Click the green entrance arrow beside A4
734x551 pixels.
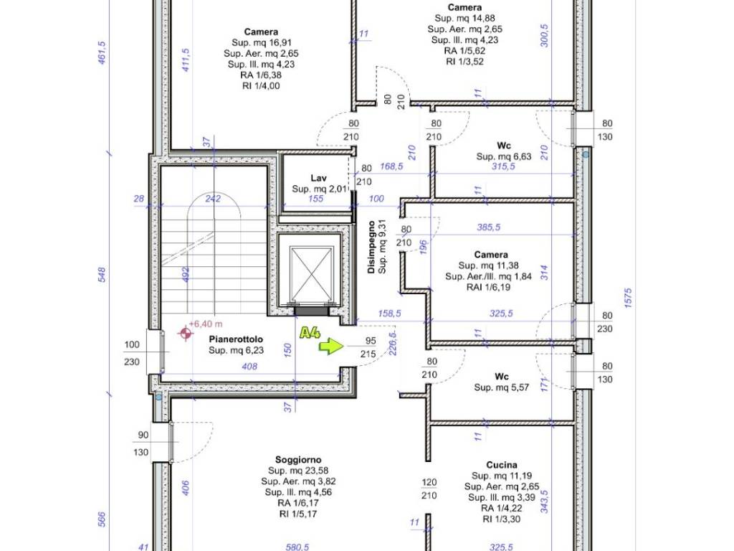pyautogui.click(x=331, y=347)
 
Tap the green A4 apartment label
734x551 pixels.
pyautogui.click(x=310, y=332)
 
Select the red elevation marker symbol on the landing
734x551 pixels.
pyautogui.click(x=186, y=333)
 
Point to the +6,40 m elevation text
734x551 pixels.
pyautogui.click(x=206, y=324)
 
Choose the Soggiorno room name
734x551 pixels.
pyautogui.click(x=298, y=460)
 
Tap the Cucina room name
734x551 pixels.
pyautogui.click(x=502, y=465)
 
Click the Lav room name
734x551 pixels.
pyautogui.click(x=319, y=178)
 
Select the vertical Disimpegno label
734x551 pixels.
pyautogui.click(x=372, y=248)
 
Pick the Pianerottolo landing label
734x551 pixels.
pyautogui.click(x=236, y=339)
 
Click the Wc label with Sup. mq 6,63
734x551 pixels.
pyautogui.click(x=504, y=146)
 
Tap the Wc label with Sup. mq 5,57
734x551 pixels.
pyautogui.click(x=501, y=377)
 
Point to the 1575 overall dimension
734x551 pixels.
pyautogui.click(x=628, y=298)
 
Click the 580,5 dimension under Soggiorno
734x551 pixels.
pyautogui.click(x=298, y=546)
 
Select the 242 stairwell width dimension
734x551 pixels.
pyautogui.click(x=213, y=199)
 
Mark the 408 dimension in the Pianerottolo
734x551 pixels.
pyautogui.click(x=249, y=367)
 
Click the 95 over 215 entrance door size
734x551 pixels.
pyautogui.click(x=369, y=347)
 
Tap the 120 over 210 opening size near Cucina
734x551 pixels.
pyautogui.click(x=429, y=489)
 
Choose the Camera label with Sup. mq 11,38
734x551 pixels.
pyautogui.click(x=490, y=255)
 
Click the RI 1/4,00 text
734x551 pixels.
pyautogui.click(x=261, y=86)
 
